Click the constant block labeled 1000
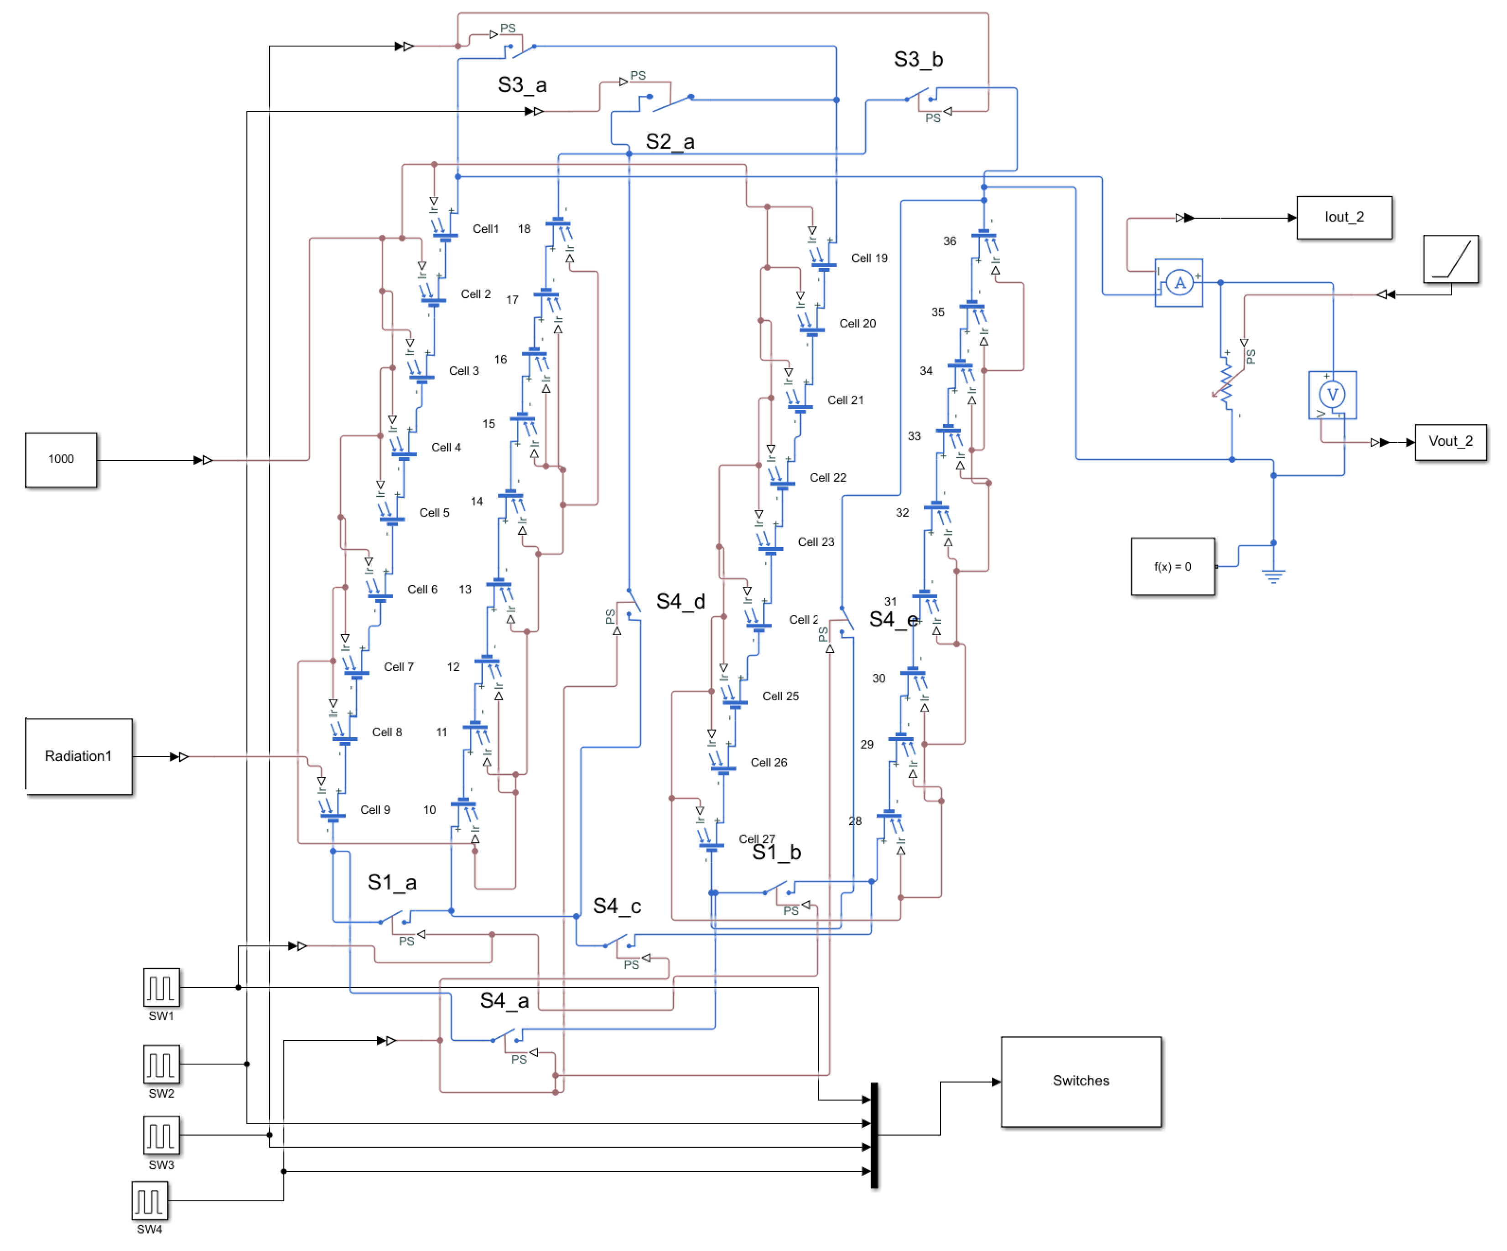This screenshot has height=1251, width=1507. pyautogui.click(x=61, y=460)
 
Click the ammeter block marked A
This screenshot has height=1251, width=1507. pyautogui.click(x=1179, y=283)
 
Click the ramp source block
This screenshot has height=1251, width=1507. pyautogui.click(x=1450, y=259)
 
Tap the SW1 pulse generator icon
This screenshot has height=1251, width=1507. pyautogui.click(x=161, y=988)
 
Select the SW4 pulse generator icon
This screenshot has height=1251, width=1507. pyautogui.click(x=149, y=1201)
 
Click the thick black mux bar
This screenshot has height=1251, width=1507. pyautogui.click(x=874, y=1135)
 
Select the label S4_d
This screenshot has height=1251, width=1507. pyautogui.click(x=681, y=601)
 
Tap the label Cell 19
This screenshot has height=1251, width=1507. pyautogui.click(x=868, y=258)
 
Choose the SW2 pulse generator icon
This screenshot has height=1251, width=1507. pyautogui.click(x=161, y=1065)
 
